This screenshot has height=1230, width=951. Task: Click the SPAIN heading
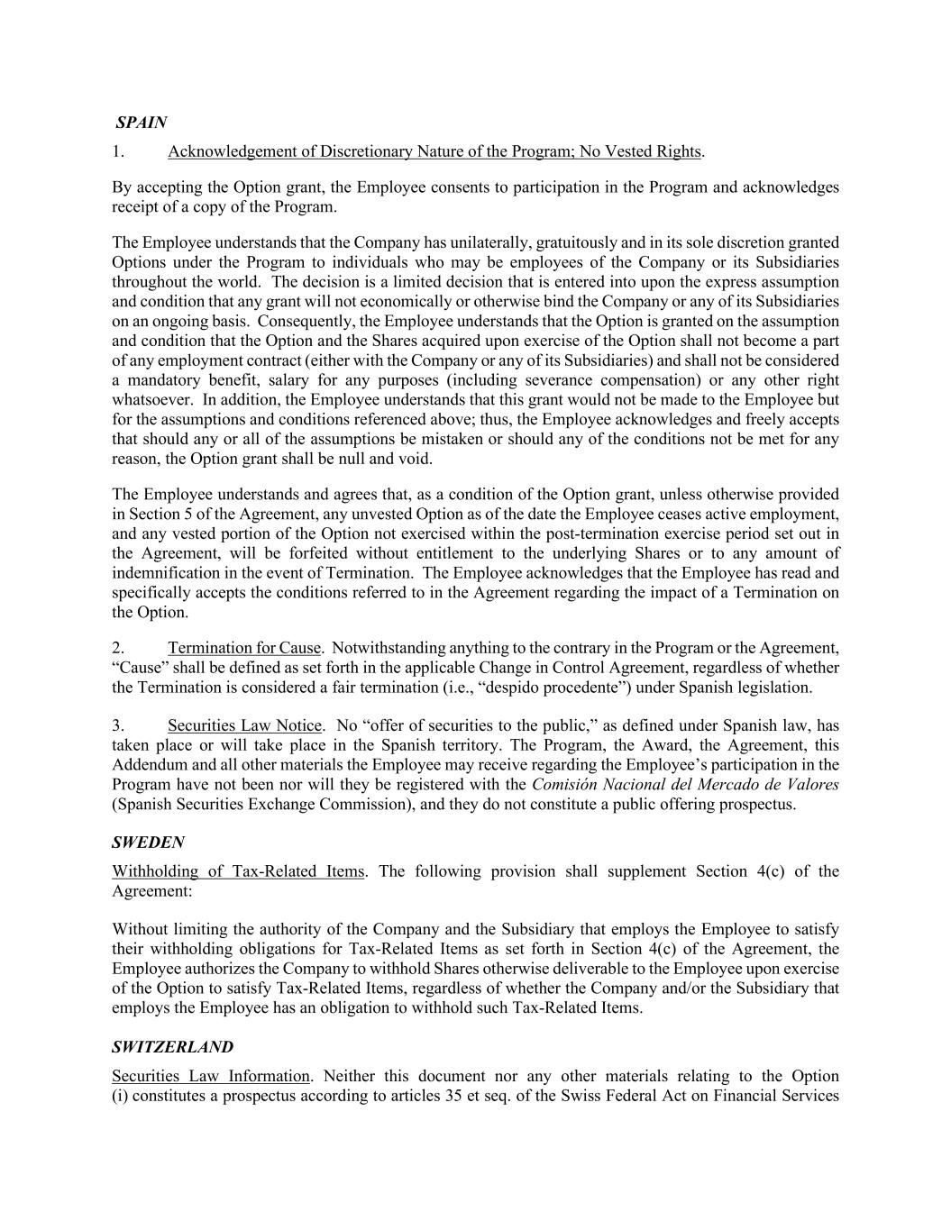(x=142, y=122)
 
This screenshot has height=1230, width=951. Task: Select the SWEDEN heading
(x=148, y=843)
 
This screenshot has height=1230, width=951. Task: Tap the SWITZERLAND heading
(x=172, y=1047)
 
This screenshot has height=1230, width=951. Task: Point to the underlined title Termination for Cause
(x=243, y=648)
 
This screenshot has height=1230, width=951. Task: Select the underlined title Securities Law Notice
(x=244, y=725)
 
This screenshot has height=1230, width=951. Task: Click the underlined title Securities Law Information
(x=211, y=1076)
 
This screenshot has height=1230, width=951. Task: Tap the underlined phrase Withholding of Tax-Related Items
(x=238, y=871)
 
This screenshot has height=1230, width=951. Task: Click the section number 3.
(x=118, y=725)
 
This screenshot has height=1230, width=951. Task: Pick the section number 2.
(x=118, y=648)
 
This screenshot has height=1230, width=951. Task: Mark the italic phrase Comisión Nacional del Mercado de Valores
(x=685, y=785)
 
